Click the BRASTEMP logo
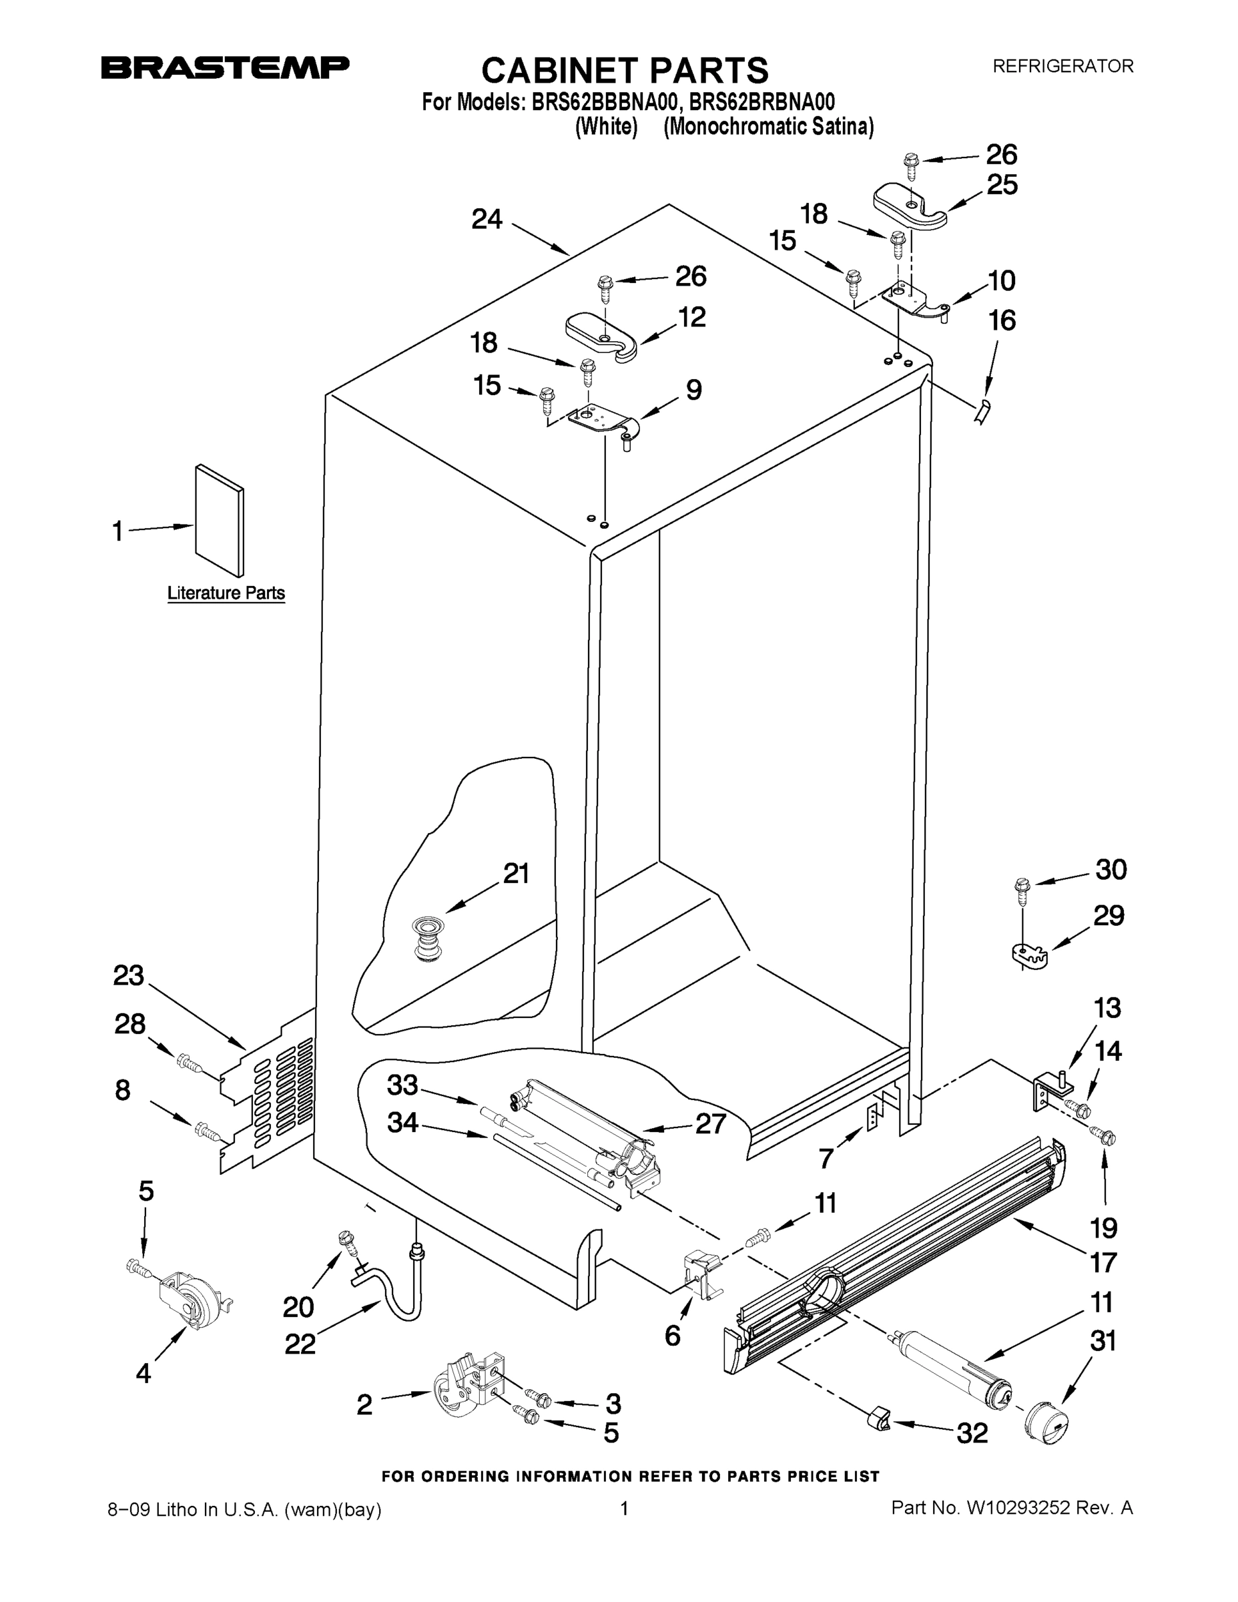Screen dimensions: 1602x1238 coord(225,67)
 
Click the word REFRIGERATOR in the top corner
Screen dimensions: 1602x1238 coord(1062,66)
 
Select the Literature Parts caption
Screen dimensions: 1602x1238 coord(226,593)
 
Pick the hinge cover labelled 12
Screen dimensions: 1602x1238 coord(601,336)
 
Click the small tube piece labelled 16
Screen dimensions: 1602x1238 coord(981,411)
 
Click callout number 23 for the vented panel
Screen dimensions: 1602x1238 coord(129,976)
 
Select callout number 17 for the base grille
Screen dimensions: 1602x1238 coord(1103,1262)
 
